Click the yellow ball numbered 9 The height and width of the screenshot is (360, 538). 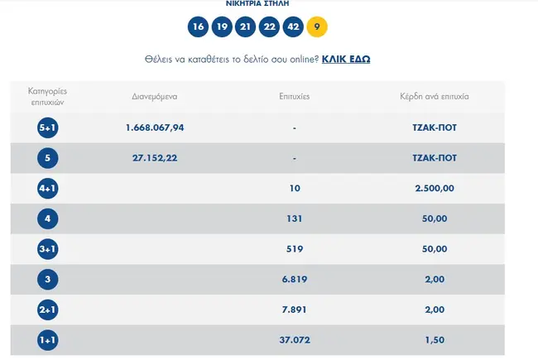pyautogui.click(x=317, y=26)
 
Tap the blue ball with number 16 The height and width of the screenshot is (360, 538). pyautogui.click(x=197, y=26)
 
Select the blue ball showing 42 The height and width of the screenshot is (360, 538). pyautogui.click(x=293, y=26)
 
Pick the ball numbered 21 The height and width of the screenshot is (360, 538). pyautogui.click(x=245, y=26)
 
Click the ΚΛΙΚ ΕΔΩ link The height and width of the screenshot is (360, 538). pyautogui.click(x=346, y=60)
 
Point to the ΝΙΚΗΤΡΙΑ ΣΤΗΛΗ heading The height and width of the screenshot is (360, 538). pyautogui.click(x=257, y=4)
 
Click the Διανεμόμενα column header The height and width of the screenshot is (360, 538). pyautogui.click(x=155, y=97)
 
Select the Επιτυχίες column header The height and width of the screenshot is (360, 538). pyautogui.click(x=294, y=97)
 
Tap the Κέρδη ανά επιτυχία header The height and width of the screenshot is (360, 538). pyautogui.click(x=435, y=97)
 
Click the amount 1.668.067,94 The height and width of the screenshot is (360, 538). pyautogui.click(x=155, y=127)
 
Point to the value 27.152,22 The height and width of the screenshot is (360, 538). pyautogui.click(x=155, y=158)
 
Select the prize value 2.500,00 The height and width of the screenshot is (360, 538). pyautogui.click(x=435, y=189)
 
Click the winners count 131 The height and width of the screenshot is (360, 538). pyautogui.click(x=294, y=219)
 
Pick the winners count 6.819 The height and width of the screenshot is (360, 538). pyautogui.click(x=294, y=280)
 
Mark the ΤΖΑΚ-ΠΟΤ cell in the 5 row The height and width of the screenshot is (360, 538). pyautogui.click(x=435, y=158)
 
